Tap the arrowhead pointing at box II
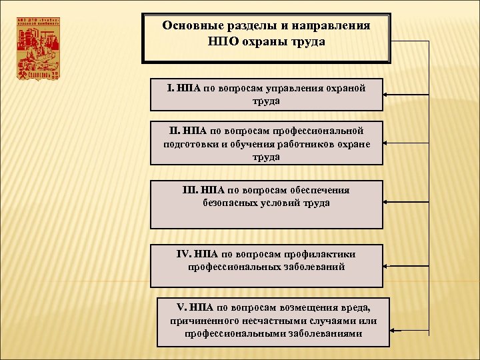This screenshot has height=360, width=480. point(389,143)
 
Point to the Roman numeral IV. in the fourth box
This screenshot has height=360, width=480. point(184,254)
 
